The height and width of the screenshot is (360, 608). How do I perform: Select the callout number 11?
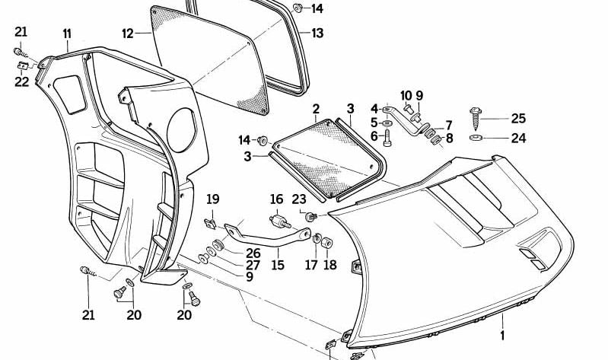(x=67, y=33)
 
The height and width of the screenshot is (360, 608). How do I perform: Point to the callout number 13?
(x=317, y=33)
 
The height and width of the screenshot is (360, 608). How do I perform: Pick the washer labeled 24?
(x=476, y=139)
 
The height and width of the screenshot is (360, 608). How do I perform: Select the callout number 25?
(x=517, y=119)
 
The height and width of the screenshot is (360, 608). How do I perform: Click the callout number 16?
(x=276, y=199)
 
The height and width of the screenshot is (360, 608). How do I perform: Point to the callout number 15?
(x=278, y=265)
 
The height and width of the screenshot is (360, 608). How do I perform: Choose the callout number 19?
(x=213, y=199)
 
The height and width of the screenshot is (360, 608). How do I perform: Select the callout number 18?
(x=329, y=265)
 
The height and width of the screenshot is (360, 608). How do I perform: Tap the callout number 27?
(x=253, y=265)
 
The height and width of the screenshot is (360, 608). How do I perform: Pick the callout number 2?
(x=315, y=109)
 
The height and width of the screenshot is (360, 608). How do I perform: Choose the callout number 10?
(x=406, y=96)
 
